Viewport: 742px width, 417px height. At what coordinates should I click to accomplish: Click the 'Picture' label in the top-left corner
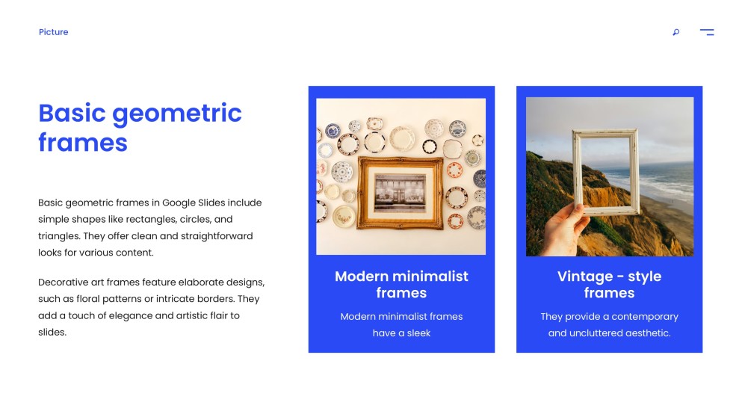[x=53, y=32]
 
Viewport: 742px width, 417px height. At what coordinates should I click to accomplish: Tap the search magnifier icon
[x=675, y=32]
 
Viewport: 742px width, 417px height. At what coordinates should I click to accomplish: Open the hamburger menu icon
[x=706, y=32]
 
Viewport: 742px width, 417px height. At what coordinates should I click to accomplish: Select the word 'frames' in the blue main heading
[x=82, y=142]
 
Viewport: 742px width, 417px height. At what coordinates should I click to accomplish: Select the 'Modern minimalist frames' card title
[x=401, y=284]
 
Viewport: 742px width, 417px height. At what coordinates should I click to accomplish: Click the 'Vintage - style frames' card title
[x=609, y=284]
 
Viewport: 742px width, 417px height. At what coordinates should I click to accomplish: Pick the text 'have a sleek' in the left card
[x=401, y=333]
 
